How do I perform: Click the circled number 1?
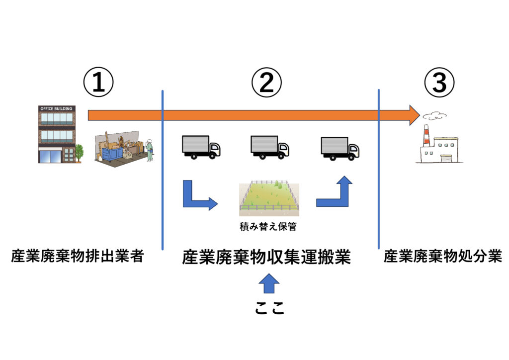pyautogui.click(x=98, y=83)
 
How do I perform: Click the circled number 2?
pyautogui.click(x=266, y=83)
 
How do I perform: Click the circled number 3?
pyautogui.click(x=439, y=83)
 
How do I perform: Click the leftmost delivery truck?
pyautogui.click(x=200, y=147)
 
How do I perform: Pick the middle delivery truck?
pyautogui.click(x=269, y=147)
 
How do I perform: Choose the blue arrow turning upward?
pyautogui.click(x=336, y=192)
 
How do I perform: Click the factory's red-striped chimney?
pyautogui.click(x=426, y=136)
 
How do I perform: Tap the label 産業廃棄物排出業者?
pyautogui.click(x=78, y=257)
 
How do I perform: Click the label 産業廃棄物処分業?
pyautogui.click(x=442, y=257)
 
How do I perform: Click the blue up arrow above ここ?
pyautogui.click(x=269, y=283)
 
